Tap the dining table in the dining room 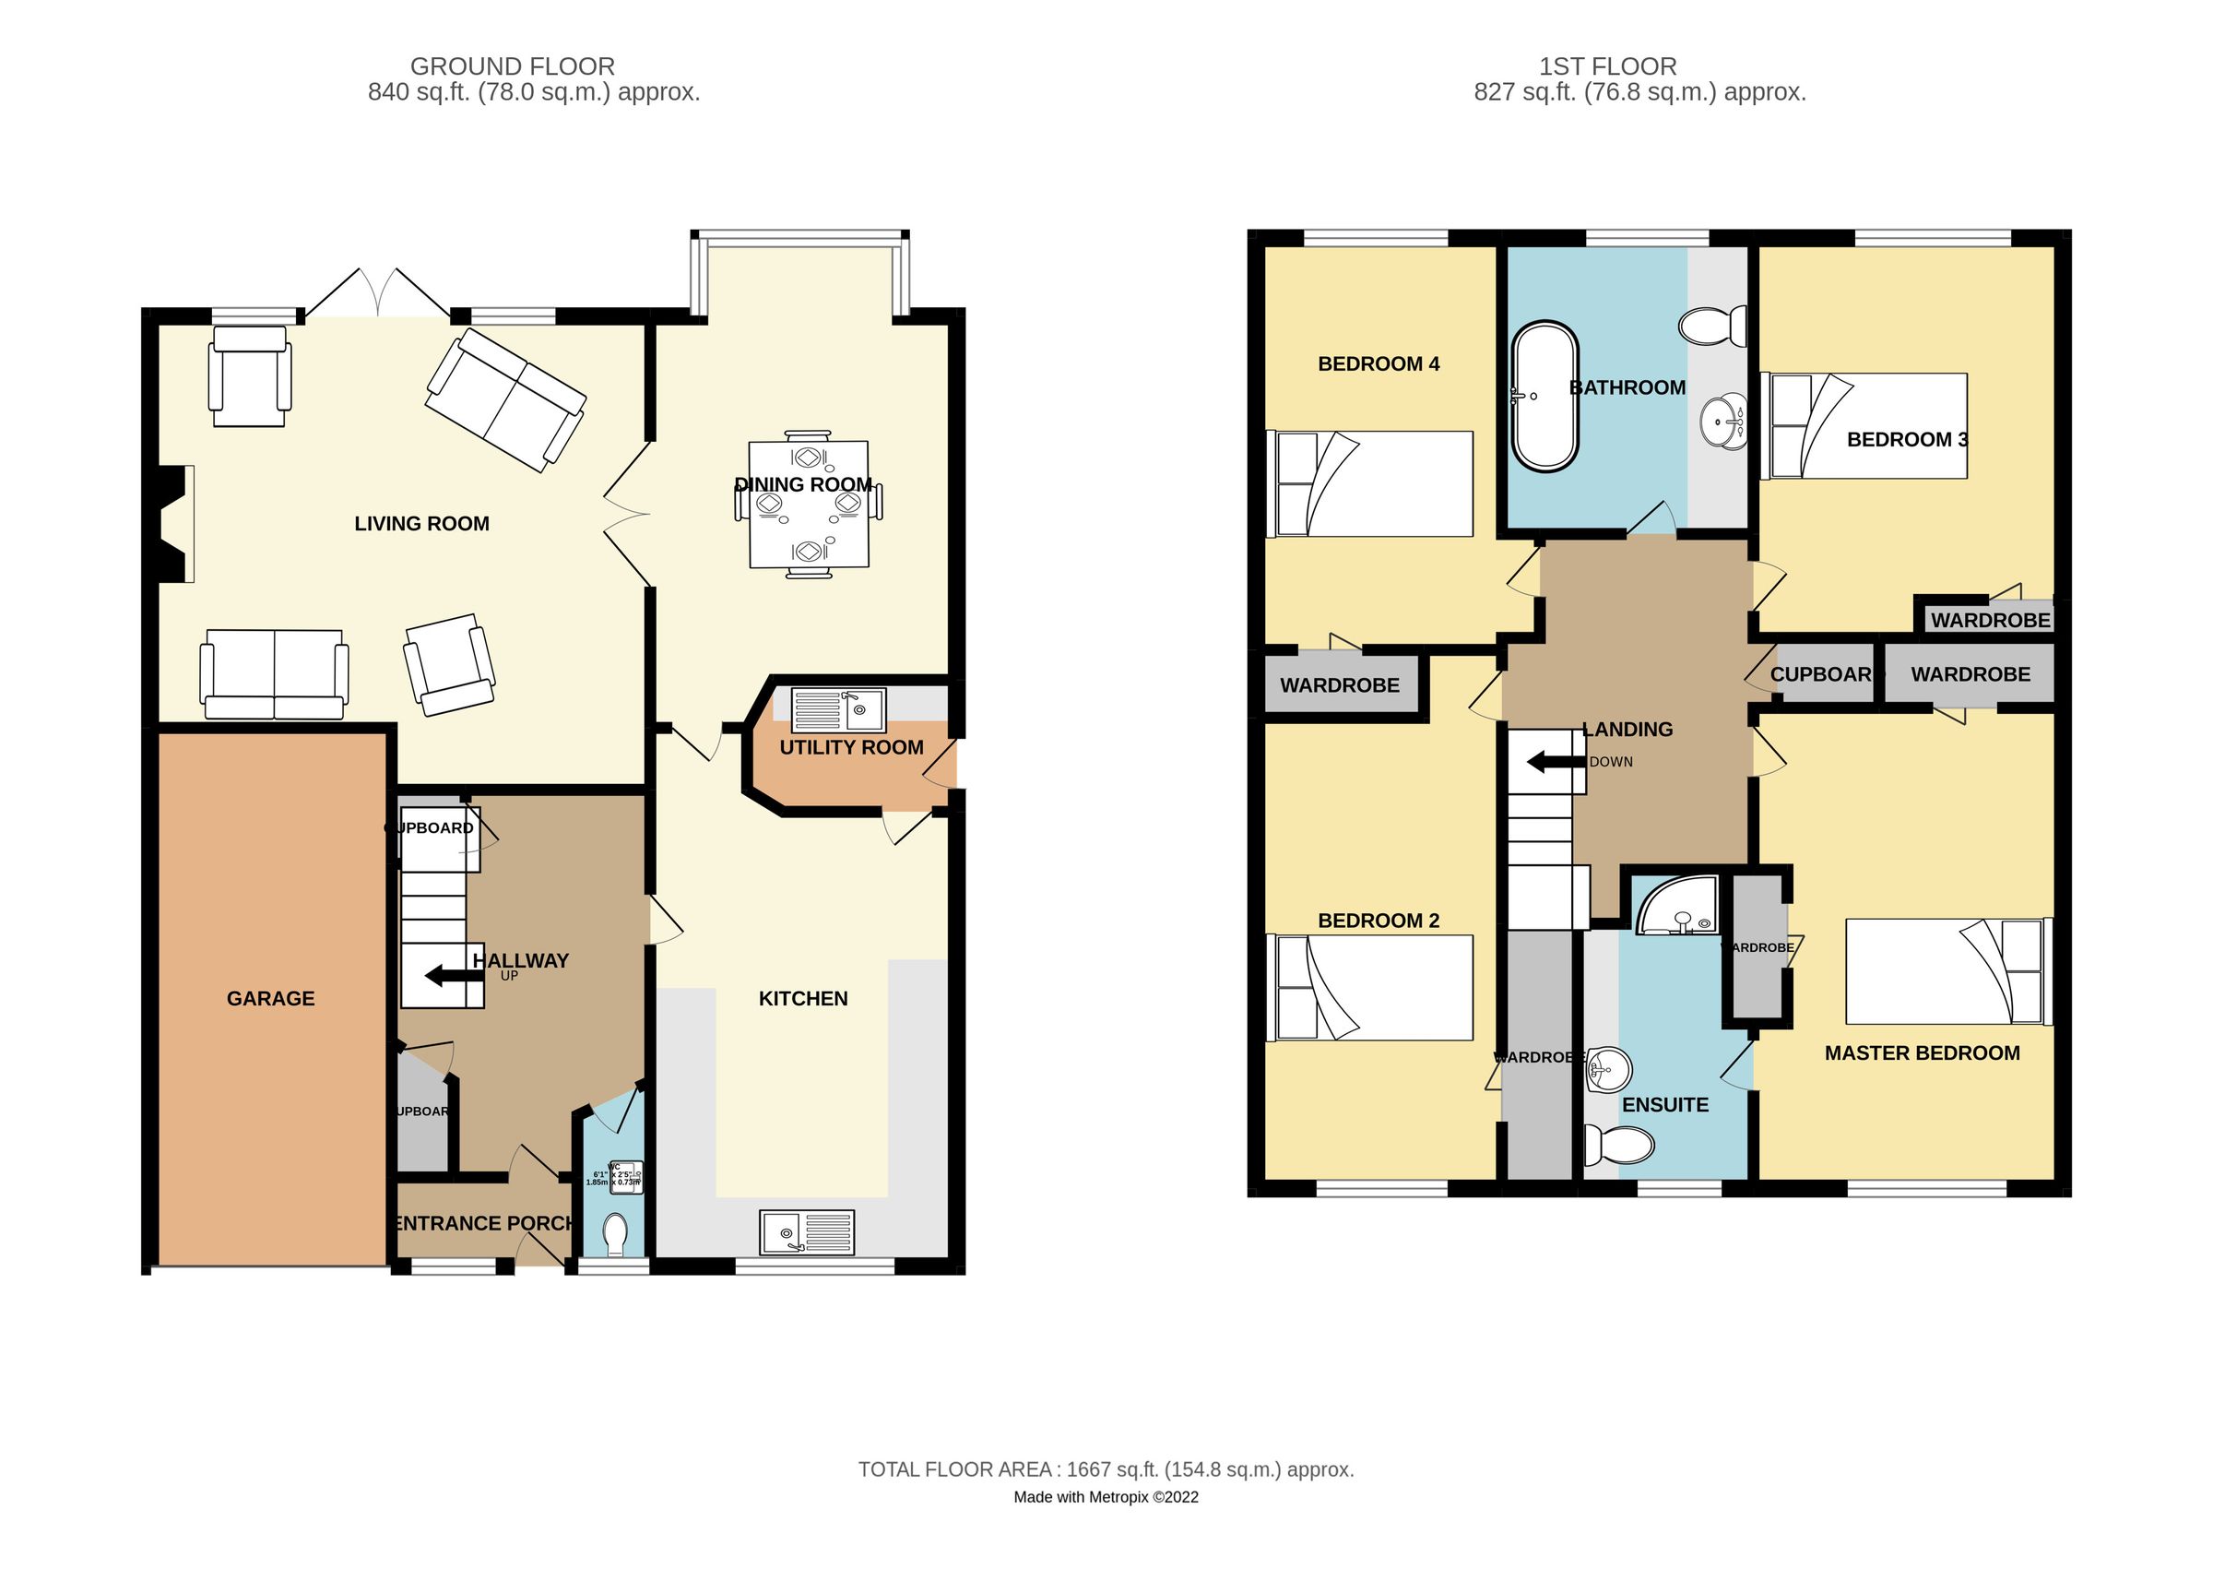808,505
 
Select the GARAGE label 270,999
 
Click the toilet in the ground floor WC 615,1235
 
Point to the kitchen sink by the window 806,1231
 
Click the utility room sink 838,709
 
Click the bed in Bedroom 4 1369,484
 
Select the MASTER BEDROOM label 1922,1053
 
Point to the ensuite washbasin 1608,1070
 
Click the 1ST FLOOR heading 1607,66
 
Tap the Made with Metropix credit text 1106,1497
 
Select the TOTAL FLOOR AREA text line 1106,1469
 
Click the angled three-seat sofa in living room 505,400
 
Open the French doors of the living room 376,291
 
